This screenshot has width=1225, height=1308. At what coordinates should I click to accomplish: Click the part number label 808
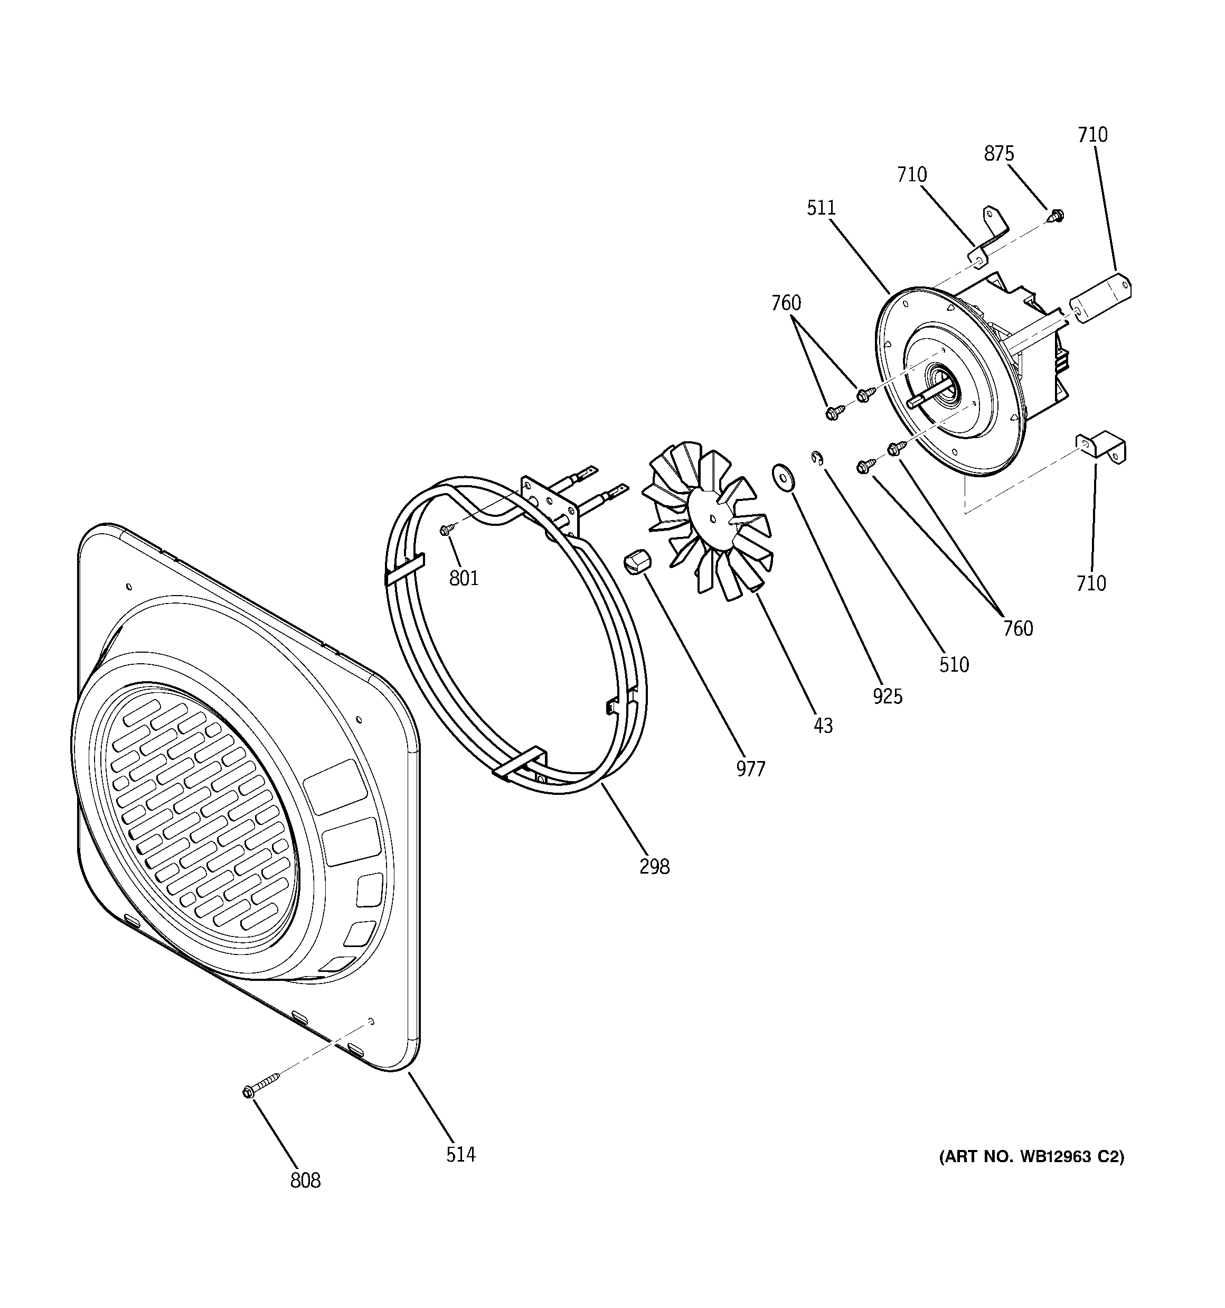(305, 1181)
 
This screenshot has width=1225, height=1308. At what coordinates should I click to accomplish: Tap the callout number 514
(460, 1154)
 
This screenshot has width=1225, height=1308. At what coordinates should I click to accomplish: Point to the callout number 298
(654, 867)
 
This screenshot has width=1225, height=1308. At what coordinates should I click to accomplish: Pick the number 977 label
(750, 768)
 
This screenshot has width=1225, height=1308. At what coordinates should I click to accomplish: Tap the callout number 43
(823, 726)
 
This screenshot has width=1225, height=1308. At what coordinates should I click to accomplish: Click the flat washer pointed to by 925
(783, 475)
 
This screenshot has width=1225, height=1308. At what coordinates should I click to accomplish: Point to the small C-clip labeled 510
(817, 457)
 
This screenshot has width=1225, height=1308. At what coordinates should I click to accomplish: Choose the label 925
(888, 696)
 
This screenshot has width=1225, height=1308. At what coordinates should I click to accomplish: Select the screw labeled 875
(1056, 215)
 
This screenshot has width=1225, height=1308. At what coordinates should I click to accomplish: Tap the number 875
(999, 153)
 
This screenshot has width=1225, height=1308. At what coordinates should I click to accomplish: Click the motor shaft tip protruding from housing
(913, 401)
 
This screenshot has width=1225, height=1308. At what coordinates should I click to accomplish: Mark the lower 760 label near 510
(1018, 628)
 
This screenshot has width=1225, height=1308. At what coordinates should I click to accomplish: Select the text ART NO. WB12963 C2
(1031, 1157)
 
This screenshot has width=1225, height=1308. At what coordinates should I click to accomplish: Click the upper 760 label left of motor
(786, 303)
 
